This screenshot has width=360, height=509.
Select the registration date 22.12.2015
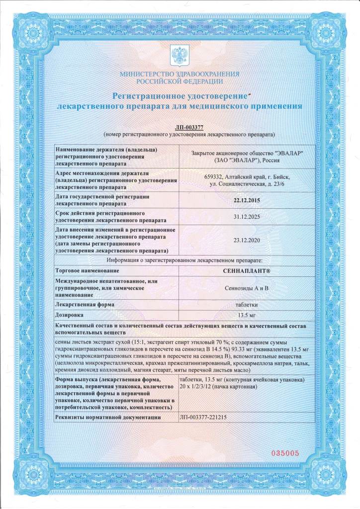click(247, 200)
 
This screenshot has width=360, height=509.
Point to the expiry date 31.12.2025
click(247, 217)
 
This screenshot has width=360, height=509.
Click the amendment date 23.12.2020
click(247, 240)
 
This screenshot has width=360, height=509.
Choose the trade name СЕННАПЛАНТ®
click(247, 270)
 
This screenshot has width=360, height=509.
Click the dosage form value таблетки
click(247, 304)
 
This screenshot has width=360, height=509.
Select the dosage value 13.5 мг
click(247, 315)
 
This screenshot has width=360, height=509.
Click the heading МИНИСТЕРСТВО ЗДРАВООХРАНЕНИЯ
click(180, 74)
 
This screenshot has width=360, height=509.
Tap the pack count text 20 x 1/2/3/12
click(200, 387)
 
